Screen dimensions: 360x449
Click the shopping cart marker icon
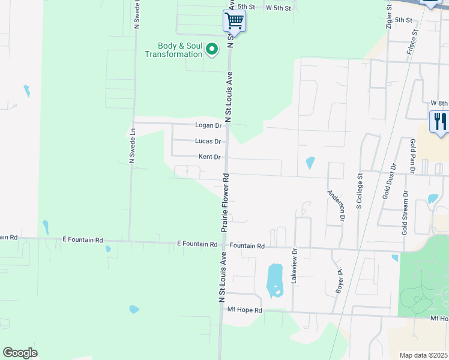pos(235,22)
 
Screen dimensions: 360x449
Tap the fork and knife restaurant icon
pos(440,122)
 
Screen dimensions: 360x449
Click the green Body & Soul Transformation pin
pos(211,49)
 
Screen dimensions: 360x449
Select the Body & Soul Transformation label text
pos(173,50)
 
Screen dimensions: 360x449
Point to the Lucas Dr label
pos(208,141)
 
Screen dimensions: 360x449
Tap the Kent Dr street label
pos(210,157)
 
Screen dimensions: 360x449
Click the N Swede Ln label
pos(133,145)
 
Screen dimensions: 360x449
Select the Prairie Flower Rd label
pos(226,203)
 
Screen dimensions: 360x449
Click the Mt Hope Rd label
pos(245,310)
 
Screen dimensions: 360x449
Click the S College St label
pos(360,191)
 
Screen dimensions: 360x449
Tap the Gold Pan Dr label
pos(413,155)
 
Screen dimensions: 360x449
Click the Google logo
pos(20,353)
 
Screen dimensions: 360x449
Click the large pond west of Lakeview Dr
pos(274,280)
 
